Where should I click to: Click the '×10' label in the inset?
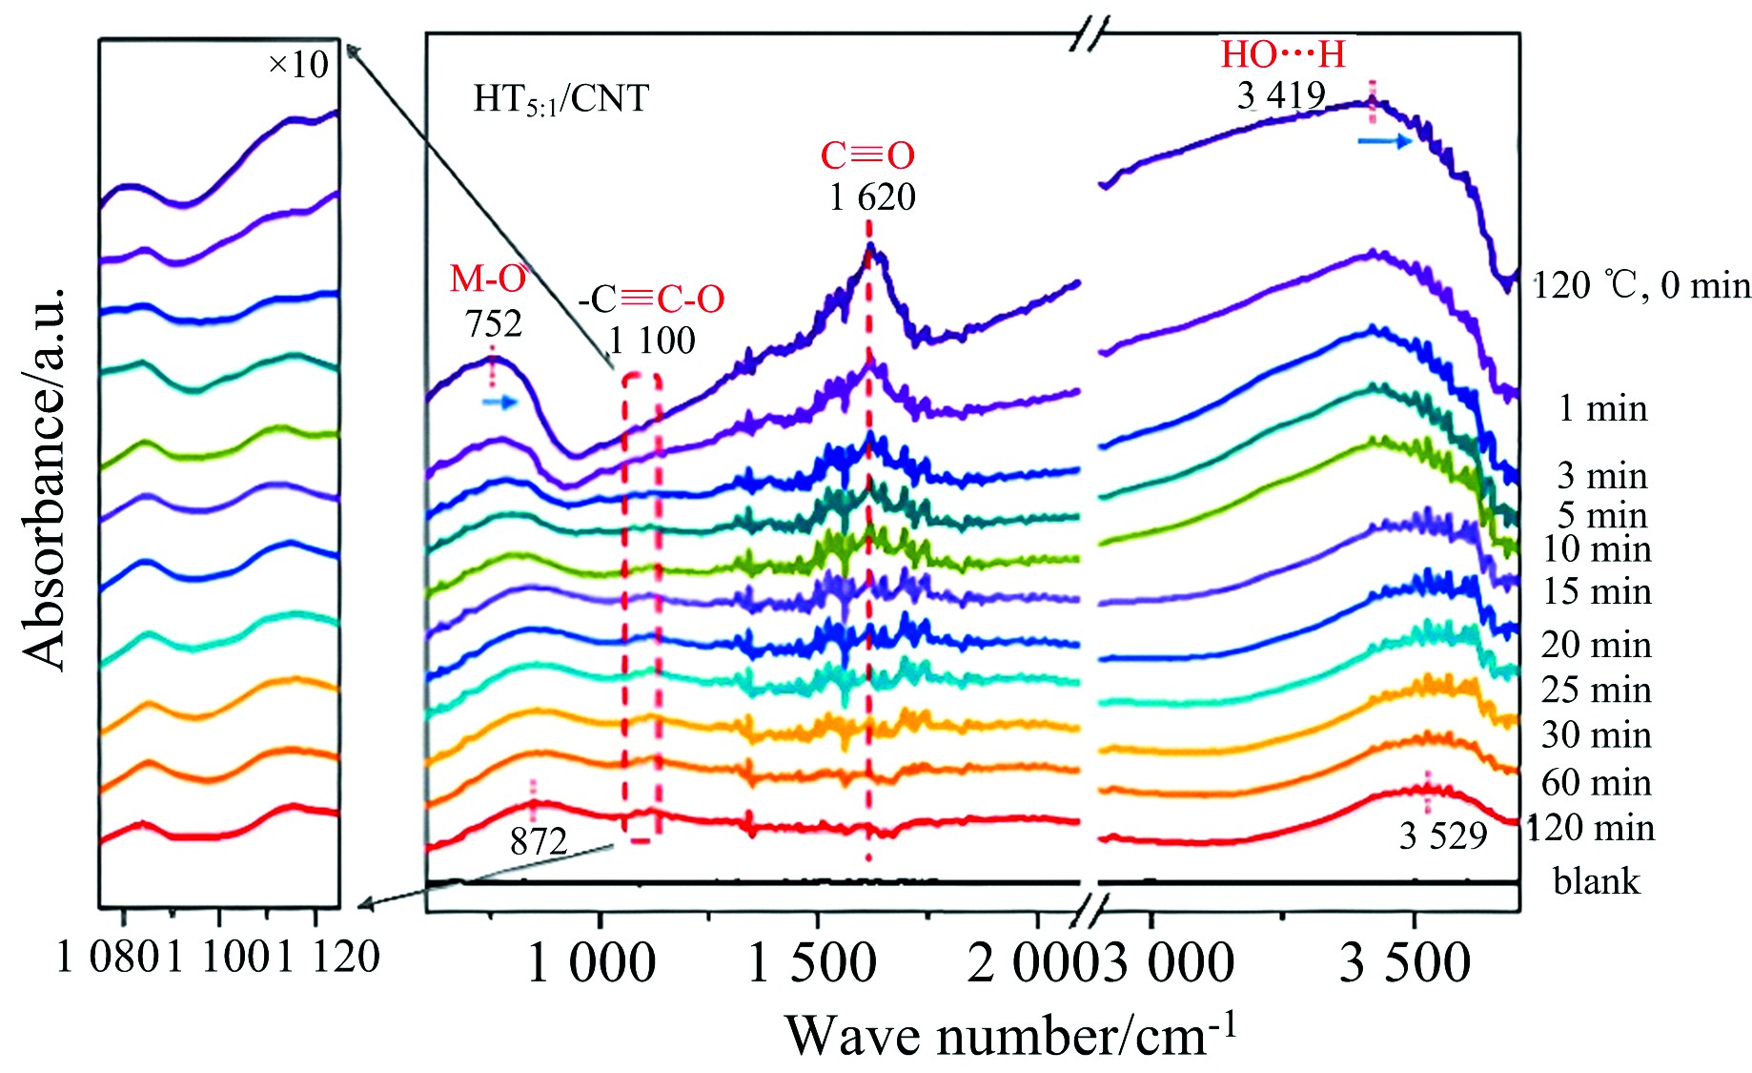click(x=298, y=65)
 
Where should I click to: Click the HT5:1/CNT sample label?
click(x=560, y=99)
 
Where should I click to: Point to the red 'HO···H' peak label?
click(x=1283, y=54)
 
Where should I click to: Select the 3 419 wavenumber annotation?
click(x=1281, y=95)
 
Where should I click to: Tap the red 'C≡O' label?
click(x=867, y=155)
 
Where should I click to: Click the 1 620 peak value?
click(x=872, y=197)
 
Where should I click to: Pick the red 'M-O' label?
click(x=488, y=279)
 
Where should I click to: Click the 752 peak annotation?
click(x=494, y=324)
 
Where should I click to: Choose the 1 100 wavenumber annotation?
click(x=652, y=340)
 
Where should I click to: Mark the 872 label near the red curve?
click(x=539, y=841)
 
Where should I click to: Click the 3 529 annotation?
click(x=1443, y=836)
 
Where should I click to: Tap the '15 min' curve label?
click(x=1597, y=592)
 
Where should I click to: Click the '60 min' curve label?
click(x=1596, y=783)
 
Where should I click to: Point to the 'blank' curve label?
click(x=1597, y=881)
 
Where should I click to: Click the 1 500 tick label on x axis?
click(x=811, y=963)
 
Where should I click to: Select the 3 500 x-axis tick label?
click(x=1405, y=963)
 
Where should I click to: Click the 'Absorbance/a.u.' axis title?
click(x=44, y=477)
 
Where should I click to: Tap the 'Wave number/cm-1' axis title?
click(x=1010, y=1036)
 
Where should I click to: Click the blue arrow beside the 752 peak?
click(x=499, y=402)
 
